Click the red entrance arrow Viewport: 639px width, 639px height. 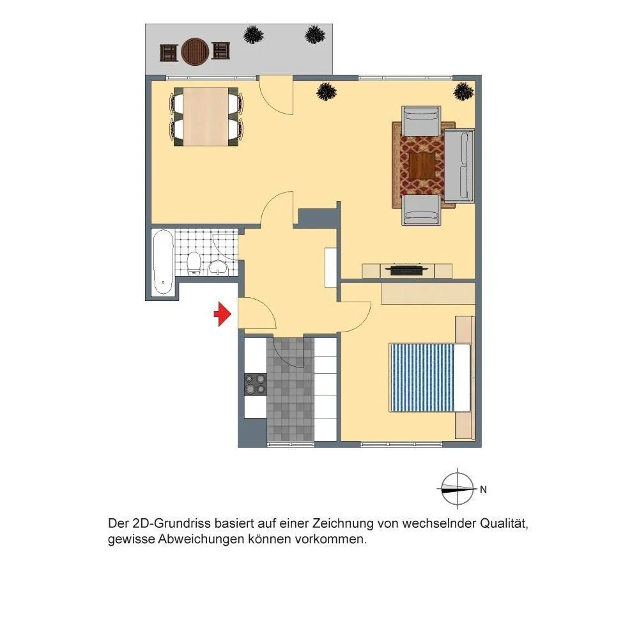[222, 314]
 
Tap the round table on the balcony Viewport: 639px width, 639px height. [195, 52]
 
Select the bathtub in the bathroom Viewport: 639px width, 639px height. [163, 263]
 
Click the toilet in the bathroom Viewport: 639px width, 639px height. [194, 263]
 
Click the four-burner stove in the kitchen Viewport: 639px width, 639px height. [256, 384]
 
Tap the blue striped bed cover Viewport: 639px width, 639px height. [422, 378]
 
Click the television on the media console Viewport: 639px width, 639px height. [408, 270]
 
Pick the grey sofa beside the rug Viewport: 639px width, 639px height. [459, 166]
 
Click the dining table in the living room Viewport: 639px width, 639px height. [205, 116]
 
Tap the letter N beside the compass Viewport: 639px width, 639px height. [483, 489]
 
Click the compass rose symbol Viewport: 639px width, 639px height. [458, 488]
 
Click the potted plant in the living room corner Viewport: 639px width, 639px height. [464, 91]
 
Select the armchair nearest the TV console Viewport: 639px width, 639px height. [422, 210]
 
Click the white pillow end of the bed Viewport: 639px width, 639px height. [462, 378]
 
